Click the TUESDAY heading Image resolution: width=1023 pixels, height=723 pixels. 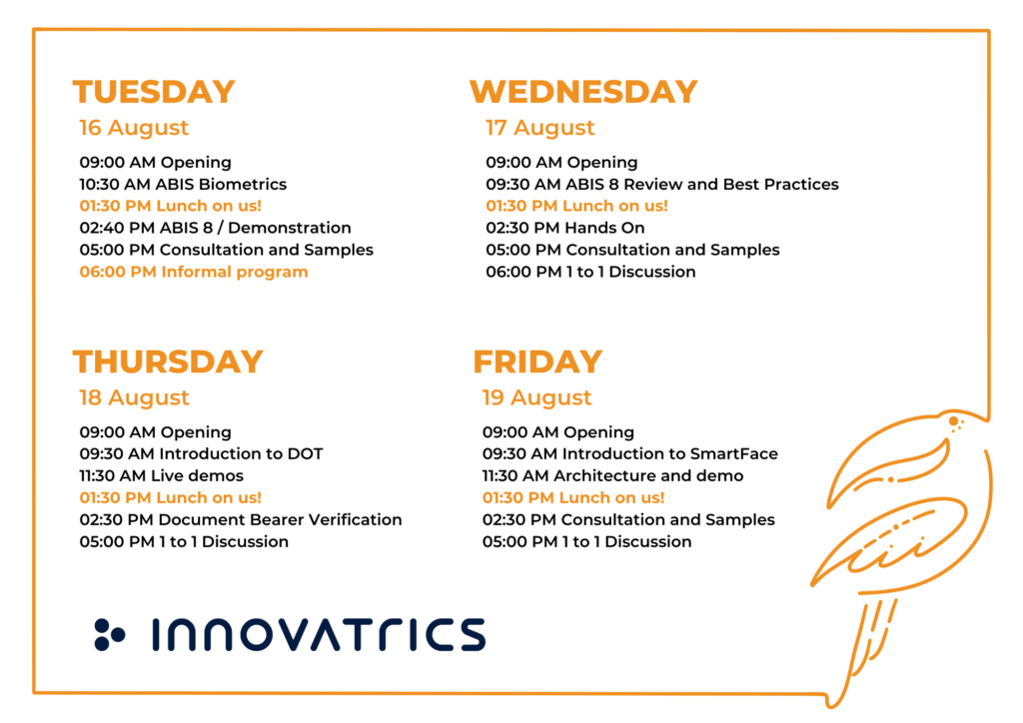pyautogui.click(x=154, y=91)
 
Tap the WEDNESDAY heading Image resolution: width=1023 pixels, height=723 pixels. pyautogui.click(x=583, y=91)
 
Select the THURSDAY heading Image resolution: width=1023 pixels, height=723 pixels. pyautogui.click(x=168, y=361)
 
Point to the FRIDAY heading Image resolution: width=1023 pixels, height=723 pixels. pyautogui.click(x=537, y=361)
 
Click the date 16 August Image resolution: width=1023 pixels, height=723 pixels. pyautogui.click(x=134, y=128)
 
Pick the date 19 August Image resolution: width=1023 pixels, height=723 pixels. pyautogui.click(x=536, y=397)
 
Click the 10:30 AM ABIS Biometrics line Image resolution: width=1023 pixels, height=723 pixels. pyautogui.click(x=184, y=185)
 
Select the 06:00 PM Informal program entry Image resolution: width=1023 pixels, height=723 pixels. pyautogui.click(x=194, y=272)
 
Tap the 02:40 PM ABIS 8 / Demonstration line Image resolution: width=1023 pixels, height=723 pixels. pyautogui.click(x=216, y=228)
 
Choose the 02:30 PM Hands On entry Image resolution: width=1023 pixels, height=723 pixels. pyautogui.click(x=565, y=228)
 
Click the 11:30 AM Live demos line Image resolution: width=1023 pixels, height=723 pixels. pyautogui.click(x=161, y=476)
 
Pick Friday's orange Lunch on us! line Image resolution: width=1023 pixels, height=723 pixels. pyautogui.click(x=573, y=498)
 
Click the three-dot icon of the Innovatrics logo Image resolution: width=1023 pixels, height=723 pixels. pyautogui.click(x=109, y=635)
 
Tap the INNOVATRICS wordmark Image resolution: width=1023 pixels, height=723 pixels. pyautogui.click(x=319, y=635)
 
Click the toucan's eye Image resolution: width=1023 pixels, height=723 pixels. pyautogui.click(x=953, y=421)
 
